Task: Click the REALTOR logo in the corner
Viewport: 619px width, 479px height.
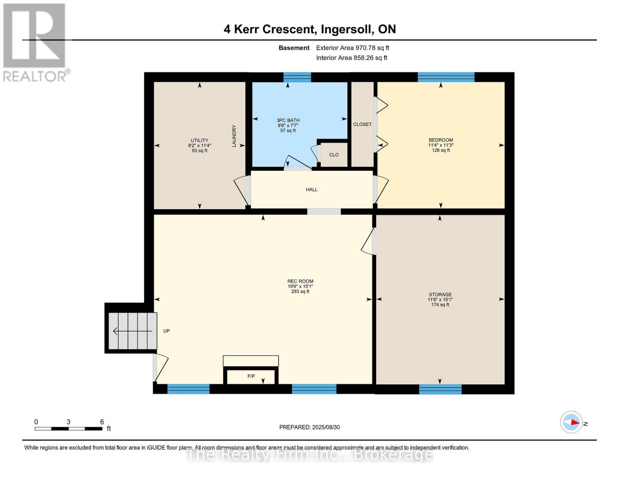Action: pos(35,42)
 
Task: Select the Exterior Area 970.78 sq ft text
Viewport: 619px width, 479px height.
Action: pos(352,48)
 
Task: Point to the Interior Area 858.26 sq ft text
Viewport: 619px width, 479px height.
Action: pos(352,58)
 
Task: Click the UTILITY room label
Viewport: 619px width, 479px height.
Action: pos(199,141)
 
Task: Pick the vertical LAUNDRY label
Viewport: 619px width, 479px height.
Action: pos(234,136)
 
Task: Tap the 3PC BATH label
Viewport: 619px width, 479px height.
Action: pos(288,120)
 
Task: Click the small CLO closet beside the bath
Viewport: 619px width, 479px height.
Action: pos(334,155)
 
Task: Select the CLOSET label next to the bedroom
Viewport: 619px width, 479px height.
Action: pos(362,125)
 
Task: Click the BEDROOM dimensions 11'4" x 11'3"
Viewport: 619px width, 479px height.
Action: pos(440,145)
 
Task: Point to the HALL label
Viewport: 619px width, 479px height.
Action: pos(312,190)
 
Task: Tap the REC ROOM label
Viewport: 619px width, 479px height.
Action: pos(300,281)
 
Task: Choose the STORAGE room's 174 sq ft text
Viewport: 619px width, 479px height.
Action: pos(440,305)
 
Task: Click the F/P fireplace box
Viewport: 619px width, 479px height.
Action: pos(251,376)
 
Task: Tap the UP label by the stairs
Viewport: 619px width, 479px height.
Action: pos(167,331)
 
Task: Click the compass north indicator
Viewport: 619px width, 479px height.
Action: pos(572,422)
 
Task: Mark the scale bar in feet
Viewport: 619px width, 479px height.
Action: pos(68,429)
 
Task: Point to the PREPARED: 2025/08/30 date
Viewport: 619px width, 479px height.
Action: pos(309,427)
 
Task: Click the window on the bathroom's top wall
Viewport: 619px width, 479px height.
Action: pos(297,77)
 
